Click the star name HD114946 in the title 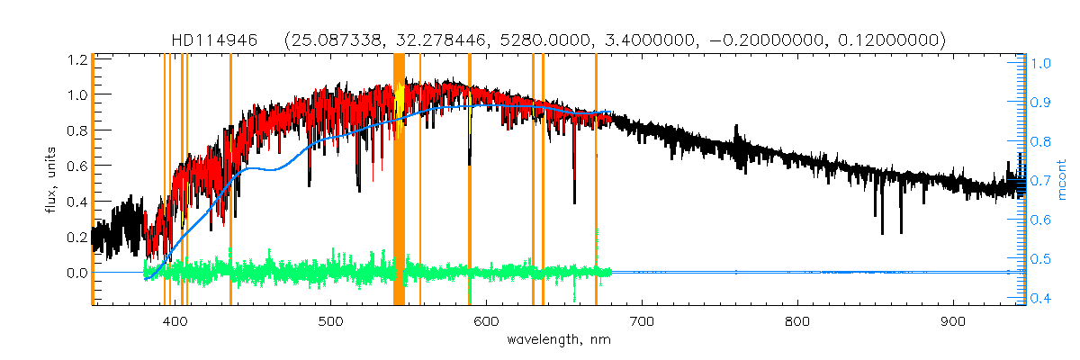[215, 40]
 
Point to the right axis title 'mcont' [1062, 181]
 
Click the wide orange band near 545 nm [400, 180]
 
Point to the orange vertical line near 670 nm [596, 180]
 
